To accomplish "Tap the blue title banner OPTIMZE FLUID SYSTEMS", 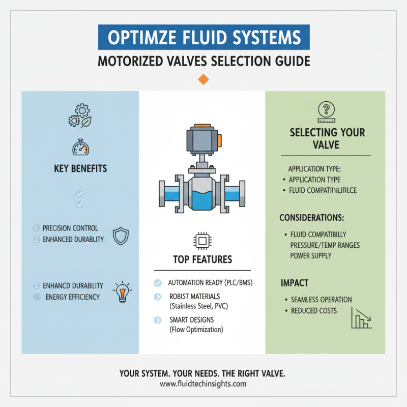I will point(203,39).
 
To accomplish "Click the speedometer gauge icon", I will point(80,148).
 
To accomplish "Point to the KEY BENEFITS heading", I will point(80,168).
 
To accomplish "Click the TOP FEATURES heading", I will point(202,259).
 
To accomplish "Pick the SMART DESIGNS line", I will point(191,320).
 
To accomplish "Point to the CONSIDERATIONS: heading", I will point(312,217).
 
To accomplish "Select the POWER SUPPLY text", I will point(310,256).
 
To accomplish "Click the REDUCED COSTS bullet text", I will point(313,310).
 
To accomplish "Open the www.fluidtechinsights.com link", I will point(202,384).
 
